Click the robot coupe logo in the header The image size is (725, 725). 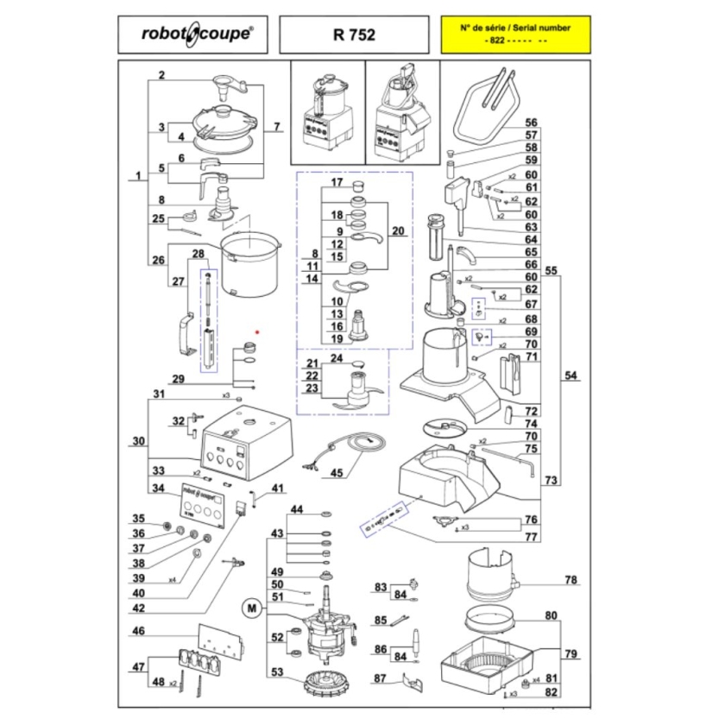(197, 35)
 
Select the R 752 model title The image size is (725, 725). (354, 35)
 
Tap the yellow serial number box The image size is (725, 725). (515, 35)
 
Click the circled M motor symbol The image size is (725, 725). (253, 608)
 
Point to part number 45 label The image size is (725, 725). (337, 472)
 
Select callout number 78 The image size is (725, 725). (571, 580)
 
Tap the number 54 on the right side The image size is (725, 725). (571, 375)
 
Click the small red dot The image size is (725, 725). (257, 331)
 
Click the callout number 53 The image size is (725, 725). (277, 672)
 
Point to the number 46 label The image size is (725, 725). (138, 632)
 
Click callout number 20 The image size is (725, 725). (397, 230)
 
